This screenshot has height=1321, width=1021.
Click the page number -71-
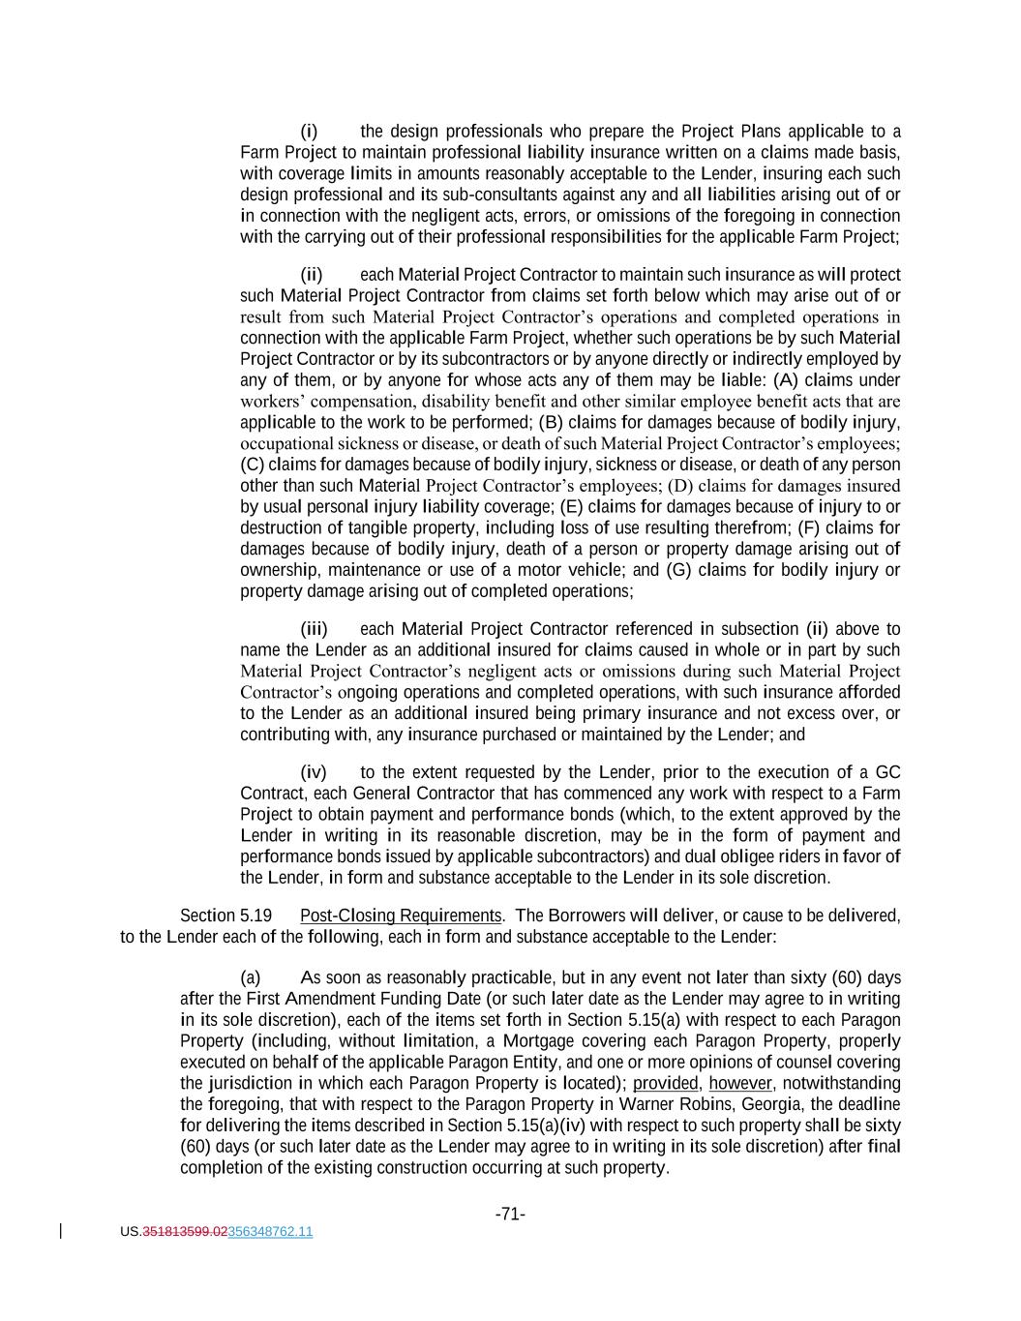click(510, 1214)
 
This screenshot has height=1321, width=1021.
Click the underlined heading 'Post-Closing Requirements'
click(401, 916)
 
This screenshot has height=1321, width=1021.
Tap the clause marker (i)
click(309, 132)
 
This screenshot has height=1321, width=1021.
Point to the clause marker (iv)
click(314, 772)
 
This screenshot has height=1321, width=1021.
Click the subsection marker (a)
click(251, 977)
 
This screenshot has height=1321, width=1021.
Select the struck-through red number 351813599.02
click(185, 1232)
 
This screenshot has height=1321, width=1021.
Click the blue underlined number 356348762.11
click(270, 1232)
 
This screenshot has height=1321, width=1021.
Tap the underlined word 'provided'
click(665, 1083)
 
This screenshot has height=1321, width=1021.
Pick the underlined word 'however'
click(740, 1083)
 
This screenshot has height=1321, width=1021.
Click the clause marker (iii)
click(314, 629)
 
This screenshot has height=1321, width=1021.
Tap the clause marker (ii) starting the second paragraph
click(311, 275)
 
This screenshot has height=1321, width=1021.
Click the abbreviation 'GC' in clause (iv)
click(887, 772)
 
